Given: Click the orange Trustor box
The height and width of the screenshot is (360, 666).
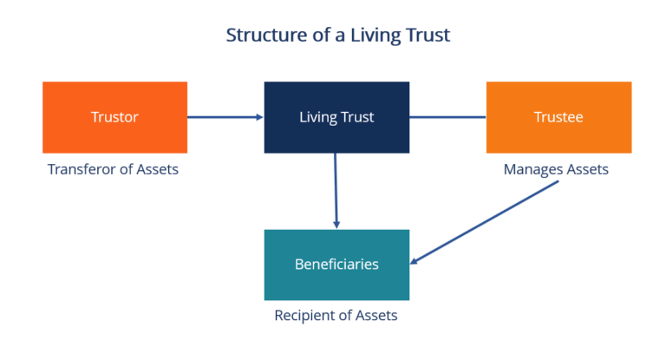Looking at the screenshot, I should click(x=114, y=117).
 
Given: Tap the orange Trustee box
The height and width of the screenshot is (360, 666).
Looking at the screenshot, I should click(x=558, y=117).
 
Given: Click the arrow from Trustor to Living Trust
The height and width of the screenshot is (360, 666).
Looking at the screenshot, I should click(x=224, y=117).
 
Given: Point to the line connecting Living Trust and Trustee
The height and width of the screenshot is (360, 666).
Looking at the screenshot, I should click(x=447, y=117).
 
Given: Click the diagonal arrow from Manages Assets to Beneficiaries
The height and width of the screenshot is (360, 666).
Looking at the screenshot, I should click(x=486, y=222).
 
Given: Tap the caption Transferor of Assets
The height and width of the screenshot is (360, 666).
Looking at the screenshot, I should click(x=113, y=169).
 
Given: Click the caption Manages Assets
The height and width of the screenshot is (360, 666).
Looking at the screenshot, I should click(x=556, y=170).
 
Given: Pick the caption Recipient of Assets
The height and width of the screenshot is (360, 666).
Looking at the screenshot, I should click(x=336, y=316).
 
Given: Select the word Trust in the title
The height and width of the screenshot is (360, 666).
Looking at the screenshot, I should click(x=428, y=36).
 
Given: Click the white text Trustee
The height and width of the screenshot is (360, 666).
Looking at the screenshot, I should click(x=558, y=117).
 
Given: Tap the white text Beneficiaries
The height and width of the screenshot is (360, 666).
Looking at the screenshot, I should click(x=336, y=265).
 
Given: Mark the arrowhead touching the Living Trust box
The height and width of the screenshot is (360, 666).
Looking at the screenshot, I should click(x=258, y=117).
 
